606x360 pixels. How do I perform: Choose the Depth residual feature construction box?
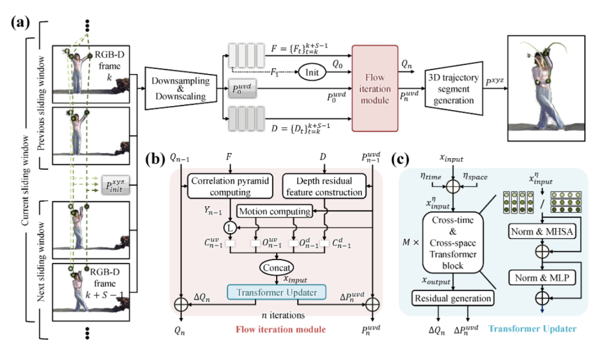click(322, 187)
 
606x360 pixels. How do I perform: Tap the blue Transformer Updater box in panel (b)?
click(277, 292)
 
